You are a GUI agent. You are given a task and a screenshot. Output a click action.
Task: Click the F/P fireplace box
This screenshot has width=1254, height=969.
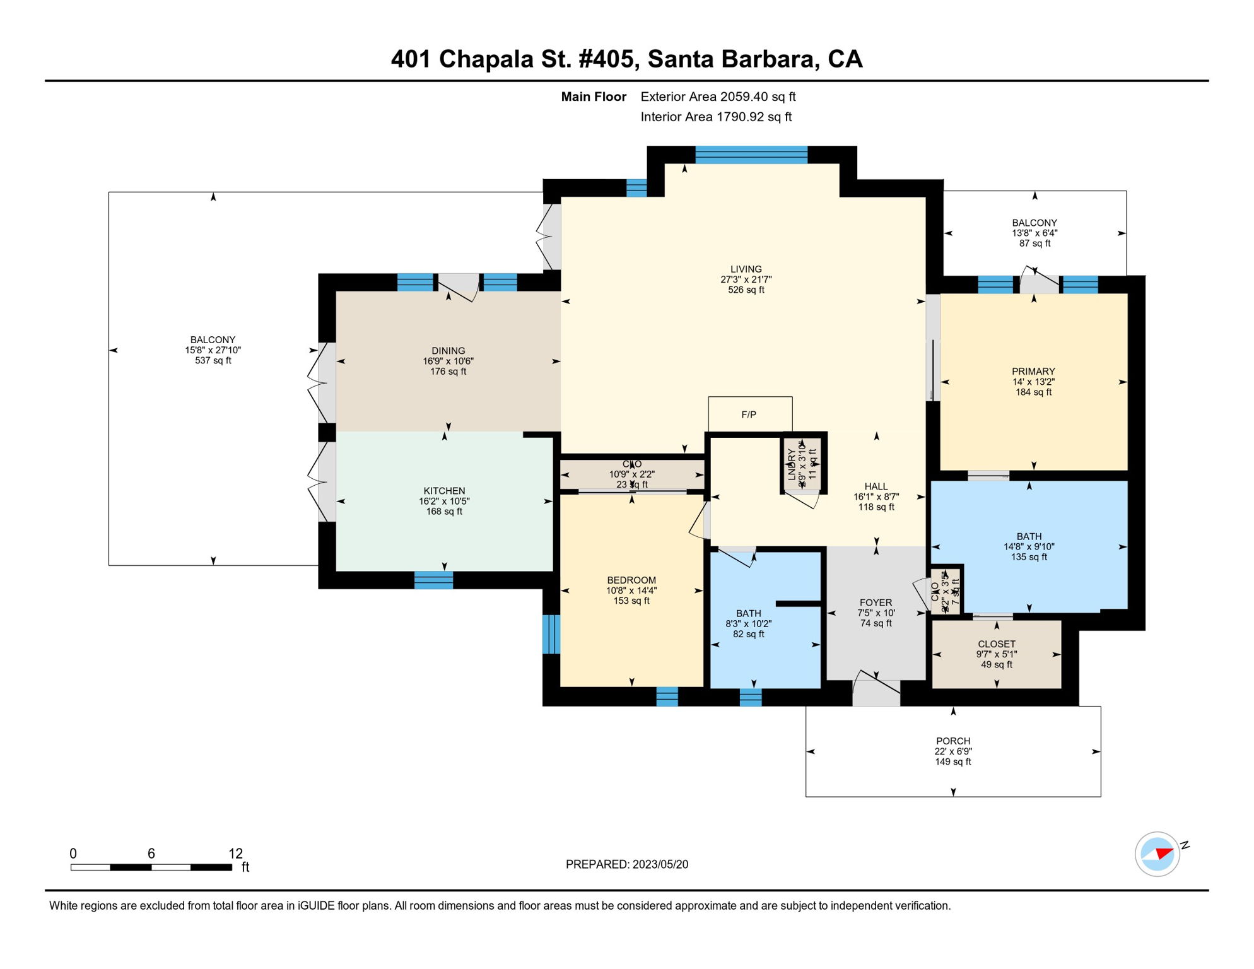click(749, 414)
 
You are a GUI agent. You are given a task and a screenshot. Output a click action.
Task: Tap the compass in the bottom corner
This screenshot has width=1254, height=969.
click(1157, 854)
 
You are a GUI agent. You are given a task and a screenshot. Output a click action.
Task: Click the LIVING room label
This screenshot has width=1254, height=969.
click(746, 269)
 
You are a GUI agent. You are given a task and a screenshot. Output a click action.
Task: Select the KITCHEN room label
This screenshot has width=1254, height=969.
click(444, 491)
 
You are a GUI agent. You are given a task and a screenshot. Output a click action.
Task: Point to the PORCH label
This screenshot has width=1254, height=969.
click(952, 741)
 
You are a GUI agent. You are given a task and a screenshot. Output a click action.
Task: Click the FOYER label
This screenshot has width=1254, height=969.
click(876, 603)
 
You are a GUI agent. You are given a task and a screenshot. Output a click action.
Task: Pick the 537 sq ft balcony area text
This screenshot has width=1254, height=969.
click(213, 361)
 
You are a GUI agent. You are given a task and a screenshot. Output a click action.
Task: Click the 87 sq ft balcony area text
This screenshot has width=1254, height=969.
click(1034, 244)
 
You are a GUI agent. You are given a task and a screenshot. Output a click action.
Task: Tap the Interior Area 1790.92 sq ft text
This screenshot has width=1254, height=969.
click(716, 117)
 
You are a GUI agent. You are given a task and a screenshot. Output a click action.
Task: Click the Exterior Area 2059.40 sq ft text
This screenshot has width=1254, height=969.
click(718, 97)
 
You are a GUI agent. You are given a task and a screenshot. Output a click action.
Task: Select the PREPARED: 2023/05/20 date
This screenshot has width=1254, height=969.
click(626, 864)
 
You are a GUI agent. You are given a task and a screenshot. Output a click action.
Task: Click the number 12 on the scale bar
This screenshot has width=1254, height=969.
click(235, 854)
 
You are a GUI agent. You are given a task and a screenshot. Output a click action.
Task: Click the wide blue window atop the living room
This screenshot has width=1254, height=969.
click(751, 155)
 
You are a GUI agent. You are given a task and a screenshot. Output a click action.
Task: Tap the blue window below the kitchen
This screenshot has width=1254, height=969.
click(433, 580)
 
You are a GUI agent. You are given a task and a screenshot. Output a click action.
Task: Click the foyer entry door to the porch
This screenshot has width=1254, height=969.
click(876, 692)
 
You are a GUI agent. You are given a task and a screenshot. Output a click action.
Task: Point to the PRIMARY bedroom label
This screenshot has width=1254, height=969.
click(1033, 372)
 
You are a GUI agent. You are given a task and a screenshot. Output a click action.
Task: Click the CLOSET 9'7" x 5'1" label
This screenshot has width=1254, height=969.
click(996, 644)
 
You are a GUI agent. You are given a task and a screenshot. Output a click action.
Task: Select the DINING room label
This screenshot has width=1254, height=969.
click(448, 351)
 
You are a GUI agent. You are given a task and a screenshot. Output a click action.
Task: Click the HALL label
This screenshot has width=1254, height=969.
click(876, 486)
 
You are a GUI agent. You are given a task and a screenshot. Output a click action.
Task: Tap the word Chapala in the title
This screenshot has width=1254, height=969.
click(486, 59)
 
